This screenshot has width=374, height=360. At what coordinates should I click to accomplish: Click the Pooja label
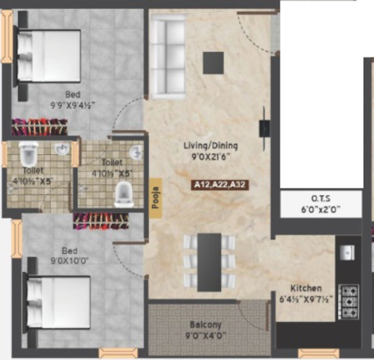[155, 195]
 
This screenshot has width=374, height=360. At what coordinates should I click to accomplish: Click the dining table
[209, 261]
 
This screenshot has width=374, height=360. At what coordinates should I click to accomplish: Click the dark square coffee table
[213, 64]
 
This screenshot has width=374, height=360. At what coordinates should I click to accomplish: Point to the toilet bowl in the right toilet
[124, 192]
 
